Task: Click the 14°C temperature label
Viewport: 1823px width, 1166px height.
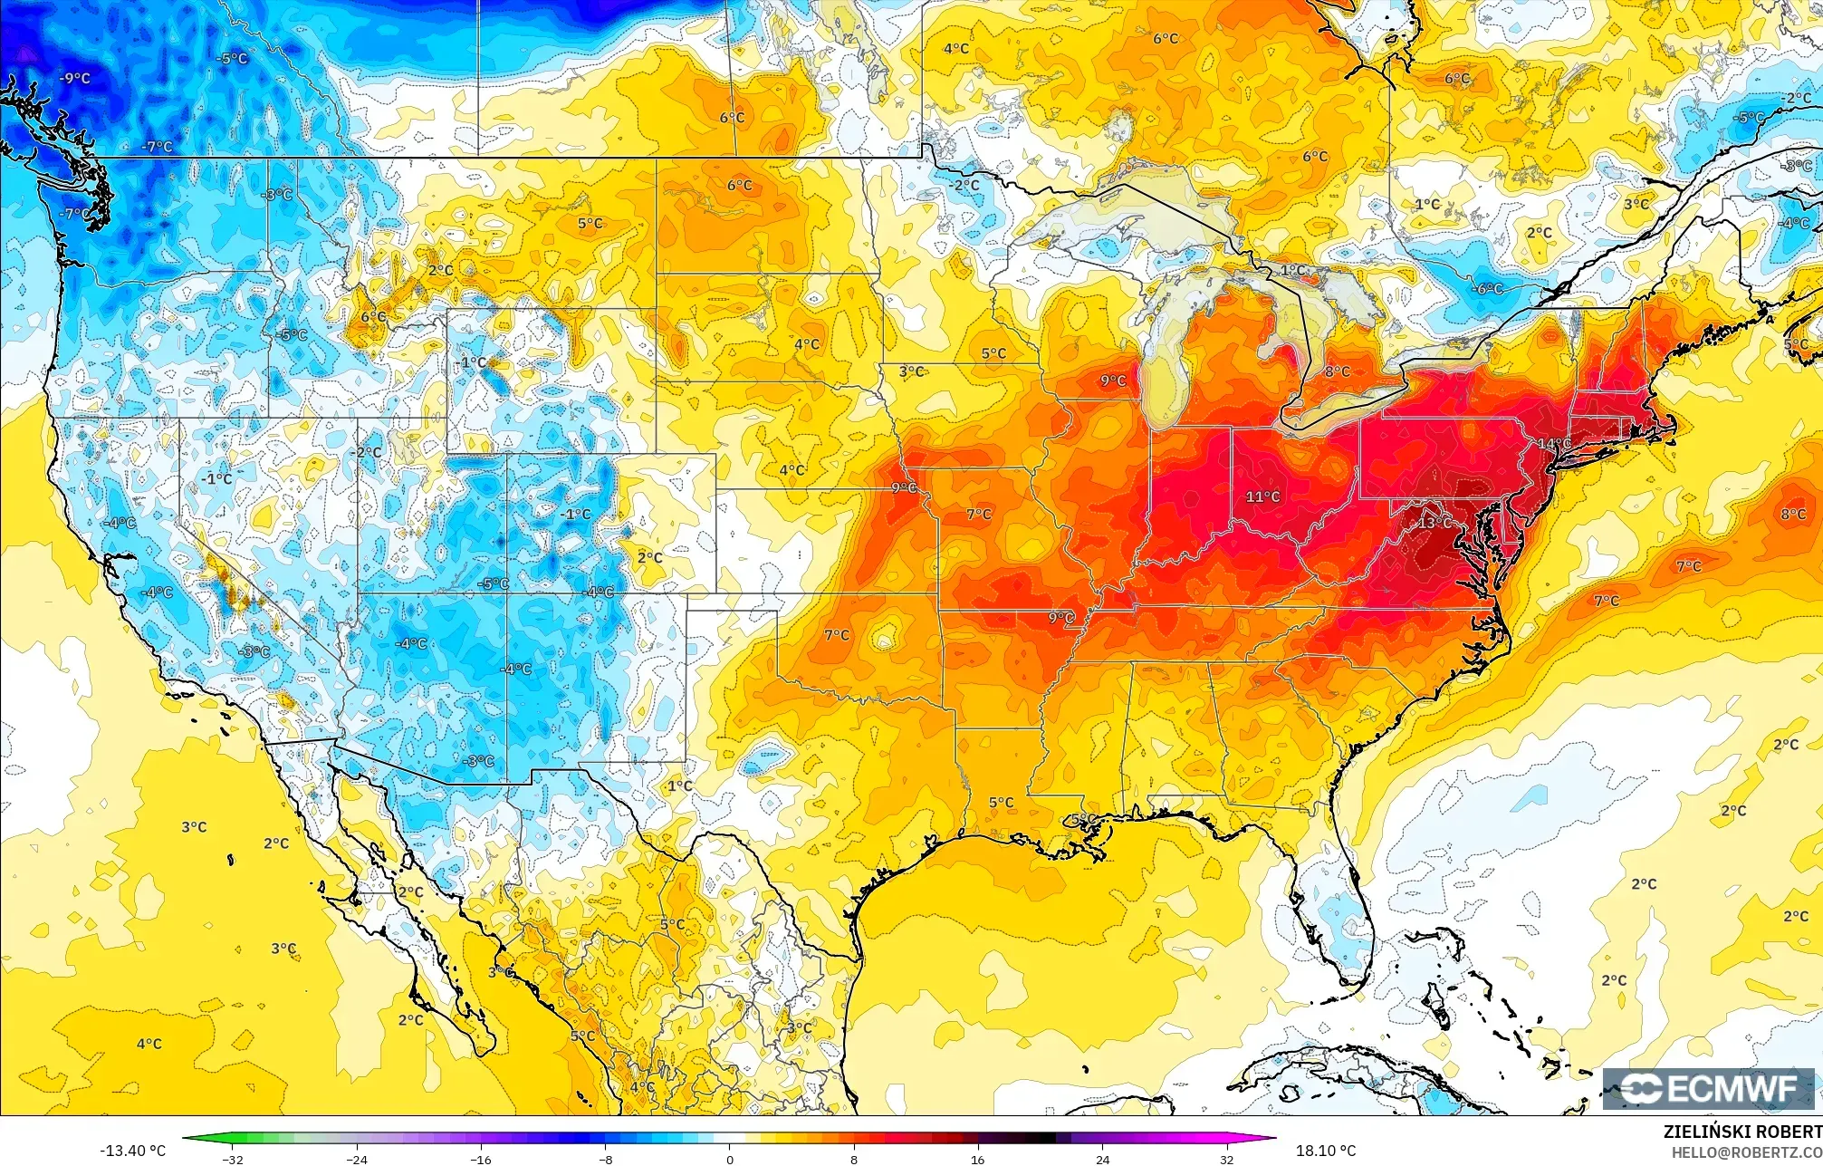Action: [1555, 443]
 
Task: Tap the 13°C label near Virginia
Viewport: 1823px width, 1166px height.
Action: [1434, 523]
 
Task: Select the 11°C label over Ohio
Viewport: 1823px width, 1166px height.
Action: [1262, 496]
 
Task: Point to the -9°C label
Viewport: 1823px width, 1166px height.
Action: [75, 79]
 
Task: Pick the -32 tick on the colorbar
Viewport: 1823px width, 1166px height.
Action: [234, 1159]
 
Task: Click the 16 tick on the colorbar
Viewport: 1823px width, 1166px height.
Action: [978, 1159]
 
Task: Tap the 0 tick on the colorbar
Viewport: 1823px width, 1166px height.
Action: [730, 1159]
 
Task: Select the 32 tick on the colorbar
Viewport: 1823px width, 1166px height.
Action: [1226, 1159]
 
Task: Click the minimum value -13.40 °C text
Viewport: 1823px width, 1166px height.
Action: [133, 1151]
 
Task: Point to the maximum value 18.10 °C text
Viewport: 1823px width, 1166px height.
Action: [1326, 1151]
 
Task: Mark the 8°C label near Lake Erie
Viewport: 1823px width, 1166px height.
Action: [1338, 371]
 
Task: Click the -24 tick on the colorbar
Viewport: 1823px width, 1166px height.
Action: [358, 1159]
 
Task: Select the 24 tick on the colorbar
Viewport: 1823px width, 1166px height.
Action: [1102, 1159]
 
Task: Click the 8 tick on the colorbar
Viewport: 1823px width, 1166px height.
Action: [854, 1159]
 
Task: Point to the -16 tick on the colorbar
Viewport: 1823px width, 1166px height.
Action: [482, 1159]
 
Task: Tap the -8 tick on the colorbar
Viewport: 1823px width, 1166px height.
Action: [606, 1159]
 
